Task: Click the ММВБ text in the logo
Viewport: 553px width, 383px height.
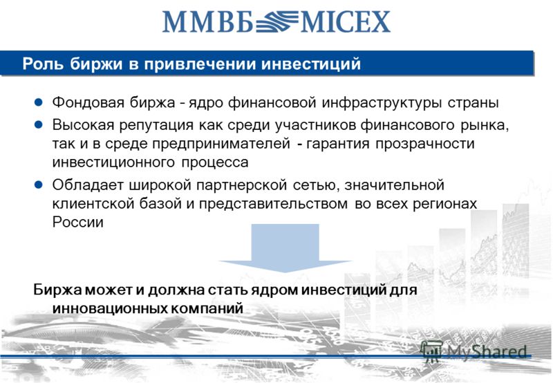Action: [x=207, y=22]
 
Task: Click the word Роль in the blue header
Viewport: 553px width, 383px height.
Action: [x=42, y=64]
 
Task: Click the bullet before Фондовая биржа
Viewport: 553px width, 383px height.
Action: [x=39, y=102]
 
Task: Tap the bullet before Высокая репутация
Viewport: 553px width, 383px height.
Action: [x=39, y=124]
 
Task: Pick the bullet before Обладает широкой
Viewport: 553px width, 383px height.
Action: [x=39, y=185]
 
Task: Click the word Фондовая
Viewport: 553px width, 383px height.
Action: [x=88, y=102]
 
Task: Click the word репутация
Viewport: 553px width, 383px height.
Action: [x=156, y=125]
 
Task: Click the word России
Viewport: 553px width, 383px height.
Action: [x=77, y=222]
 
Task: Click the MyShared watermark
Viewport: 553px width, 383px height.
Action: [x=474, y=352]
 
